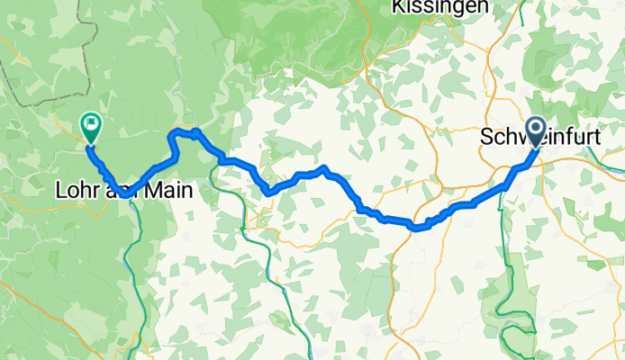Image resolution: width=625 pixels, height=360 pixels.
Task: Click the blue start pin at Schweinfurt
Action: coord(536,131)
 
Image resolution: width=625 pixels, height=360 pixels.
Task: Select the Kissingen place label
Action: coord(441,6)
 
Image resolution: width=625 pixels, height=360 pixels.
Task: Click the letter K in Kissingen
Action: coord(399,6)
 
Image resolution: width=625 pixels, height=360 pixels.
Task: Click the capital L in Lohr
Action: coord(61,191)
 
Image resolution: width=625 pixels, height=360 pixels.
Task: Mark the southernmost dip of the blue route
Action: coord(416,227)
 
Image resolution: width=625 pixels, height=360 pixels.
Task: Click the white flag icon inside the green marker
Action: coord(91,123)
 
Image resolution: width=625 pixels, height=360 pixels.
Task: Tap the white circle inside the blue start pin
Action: coord(536,130)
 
